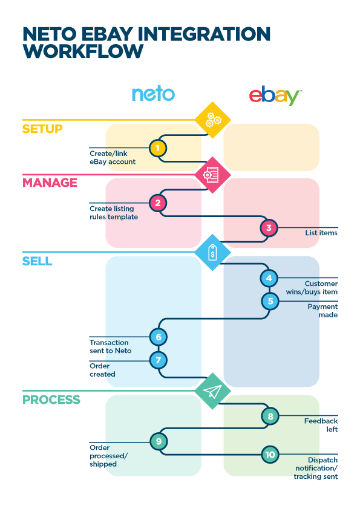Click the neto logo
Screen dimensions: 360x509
click(x=153, y=94)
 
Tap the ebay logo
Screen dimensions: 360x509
click(x=275, y=96)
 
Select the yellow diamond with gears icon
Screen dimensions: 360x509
click(x=213, y=120)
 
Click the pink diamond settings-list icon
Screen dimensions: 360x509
click(x=213, y=175)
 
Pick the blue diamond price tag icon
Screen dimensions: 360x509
click(x=213, y=252)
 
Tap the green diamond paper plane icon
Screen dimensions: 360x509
click(x=213, y=391)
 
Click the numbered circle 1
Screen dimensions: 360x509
click(x=158, y=148)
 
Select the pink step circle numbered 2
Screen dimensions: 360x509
click(x=158, y=203)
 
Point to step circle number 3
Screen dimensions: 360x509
click(x=269, y=228)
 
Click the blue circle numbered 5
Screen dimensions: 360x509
click(x=270, y=301)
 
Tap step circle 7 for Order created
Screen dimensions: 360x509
click(x=159, y=360)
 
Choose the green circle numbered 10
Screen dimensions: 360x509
click(x=270, y=455)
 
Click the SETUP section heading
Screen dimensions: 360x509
click(x=42, y=129)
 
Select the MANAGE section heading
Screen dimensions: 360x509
click(x=50, y=183)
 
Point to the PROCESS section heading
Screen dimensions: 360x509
click(x=51, y=400)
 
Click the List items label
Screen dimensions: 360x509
click(x=321, y=233)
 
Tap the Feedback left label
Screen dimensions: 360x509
click(x=321, y=425)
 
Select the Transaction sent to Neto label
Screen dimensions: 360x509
click(x=111, y=347)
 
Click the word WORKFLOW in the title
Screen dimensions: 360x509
click(x=83, y=51)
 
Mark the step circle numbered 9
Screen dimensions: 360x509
click(x=159, y=441)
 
